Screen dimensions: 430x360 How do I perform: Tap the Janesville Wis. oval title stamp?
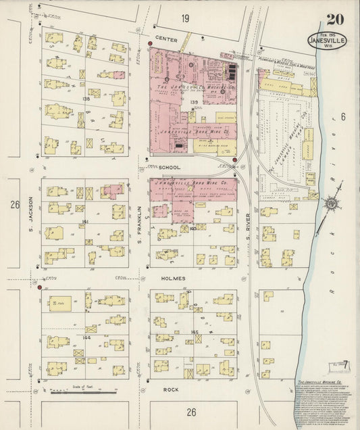[330, 40]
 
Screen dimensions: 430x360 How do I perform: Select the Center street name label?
[165, 39]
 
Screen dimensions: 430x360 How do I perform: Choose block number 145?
[196, 332]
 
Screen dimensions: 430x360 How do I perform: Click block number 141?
[86, 221]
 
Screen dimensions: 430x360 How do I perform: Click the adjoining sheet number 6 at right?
[343, 117]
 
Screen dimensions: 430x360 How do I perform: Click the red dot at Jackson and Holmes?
[40, 287]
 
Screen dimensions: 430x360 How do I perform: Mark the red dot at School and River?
[234, 160]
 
